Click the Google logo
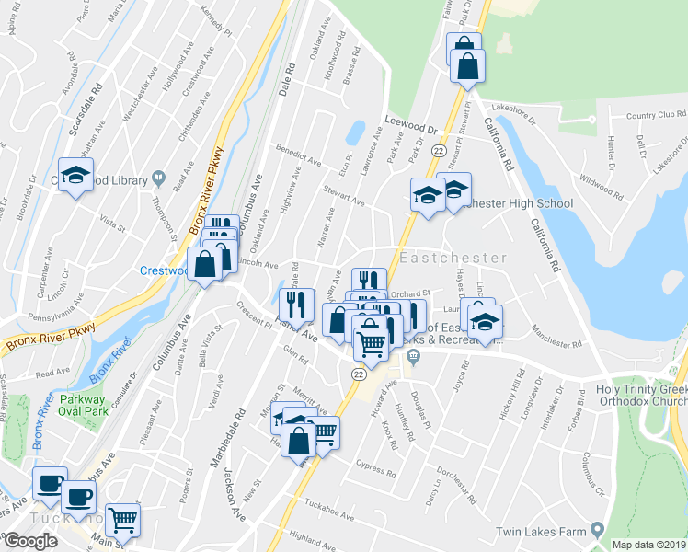(30, 541)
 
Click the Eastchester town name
(453, 259)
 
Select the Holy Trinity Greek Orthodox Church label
(640, 397)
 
